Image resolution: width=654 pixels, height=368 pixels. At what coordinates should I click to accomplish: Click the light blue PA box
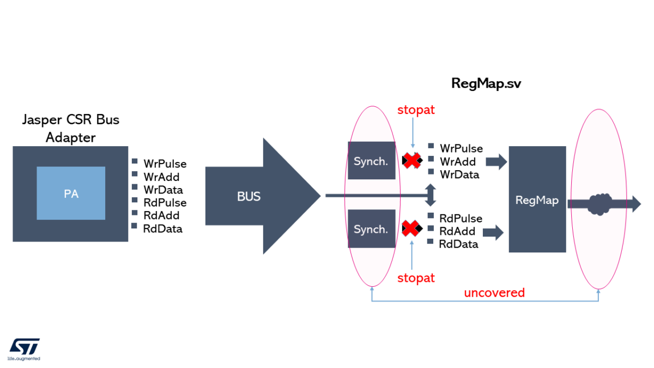pyautogui.click(x=71, y=194)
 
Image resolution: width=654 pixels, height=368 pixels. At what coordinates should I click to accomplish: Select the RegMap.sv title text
pyautogui.click(x=487, y=83)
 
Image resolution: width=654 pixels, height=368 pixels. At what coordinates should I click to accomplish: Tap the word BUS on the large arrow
pyautogui.click(x=249, y=197)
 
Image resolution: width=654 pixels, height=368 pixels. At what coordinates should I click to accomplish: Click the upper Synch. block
pyautogui.click(x=371, y=161)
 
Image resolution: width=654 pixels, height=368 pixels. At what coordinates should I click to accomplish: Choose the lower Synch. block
pyautogui.click(x=371, y=229)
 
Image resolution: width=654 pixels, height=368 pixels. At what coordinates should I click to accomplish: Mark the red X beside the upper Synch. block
pyautogui.click(x=412, y=160)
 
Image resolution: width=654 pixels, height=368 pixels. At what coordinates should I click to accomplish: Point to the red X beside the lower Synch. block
pyautogui.click(x=412, y=228)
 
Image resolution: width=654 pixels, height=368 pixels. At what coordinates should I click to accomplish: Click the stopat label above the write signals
pyautogui.click(x=416, y=110)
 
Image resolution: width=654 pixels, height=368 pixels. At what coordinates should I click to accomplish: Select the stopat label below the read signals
pyautogui.click(x=416, y=278)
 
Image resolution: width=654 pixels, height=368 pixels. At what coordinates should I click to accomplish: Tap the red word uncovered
pyautogui.click(x=494, y=293)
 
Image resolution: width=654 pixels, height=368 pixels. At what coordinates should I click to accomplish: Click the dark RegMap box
pyautogui.click(x=537, y=200)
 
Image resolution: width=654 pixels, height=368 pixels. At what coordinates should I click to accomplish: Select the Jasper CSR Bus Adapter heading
pyautogui.click(x=70, y=129)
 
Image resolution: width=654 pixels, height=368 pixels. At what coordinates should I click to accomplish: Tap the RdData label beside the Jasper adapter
pyautogui.click(x=162, y=229)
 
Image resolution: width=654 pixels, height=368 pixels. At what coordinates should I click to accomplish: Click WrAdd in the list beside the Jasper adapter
pyautogui.click(x=161, y=177)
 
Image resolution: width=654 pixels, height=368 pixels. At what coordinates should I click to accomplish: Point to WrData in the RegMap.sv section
pyautogui.click(x=459, y=174)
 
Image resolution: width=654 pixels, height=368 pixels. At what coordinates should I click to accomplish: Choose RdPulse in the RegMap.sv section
pyautogui.click(x=461, y=218)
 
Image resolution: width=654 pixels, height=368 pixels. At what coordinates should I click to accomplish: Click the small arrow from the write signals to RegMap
pyautogui.click(x=496, y=161)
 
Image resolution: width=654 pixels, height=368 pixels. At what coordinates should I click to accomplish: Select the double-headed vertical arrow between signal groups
pyautogui.click(x=431, y=195)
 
